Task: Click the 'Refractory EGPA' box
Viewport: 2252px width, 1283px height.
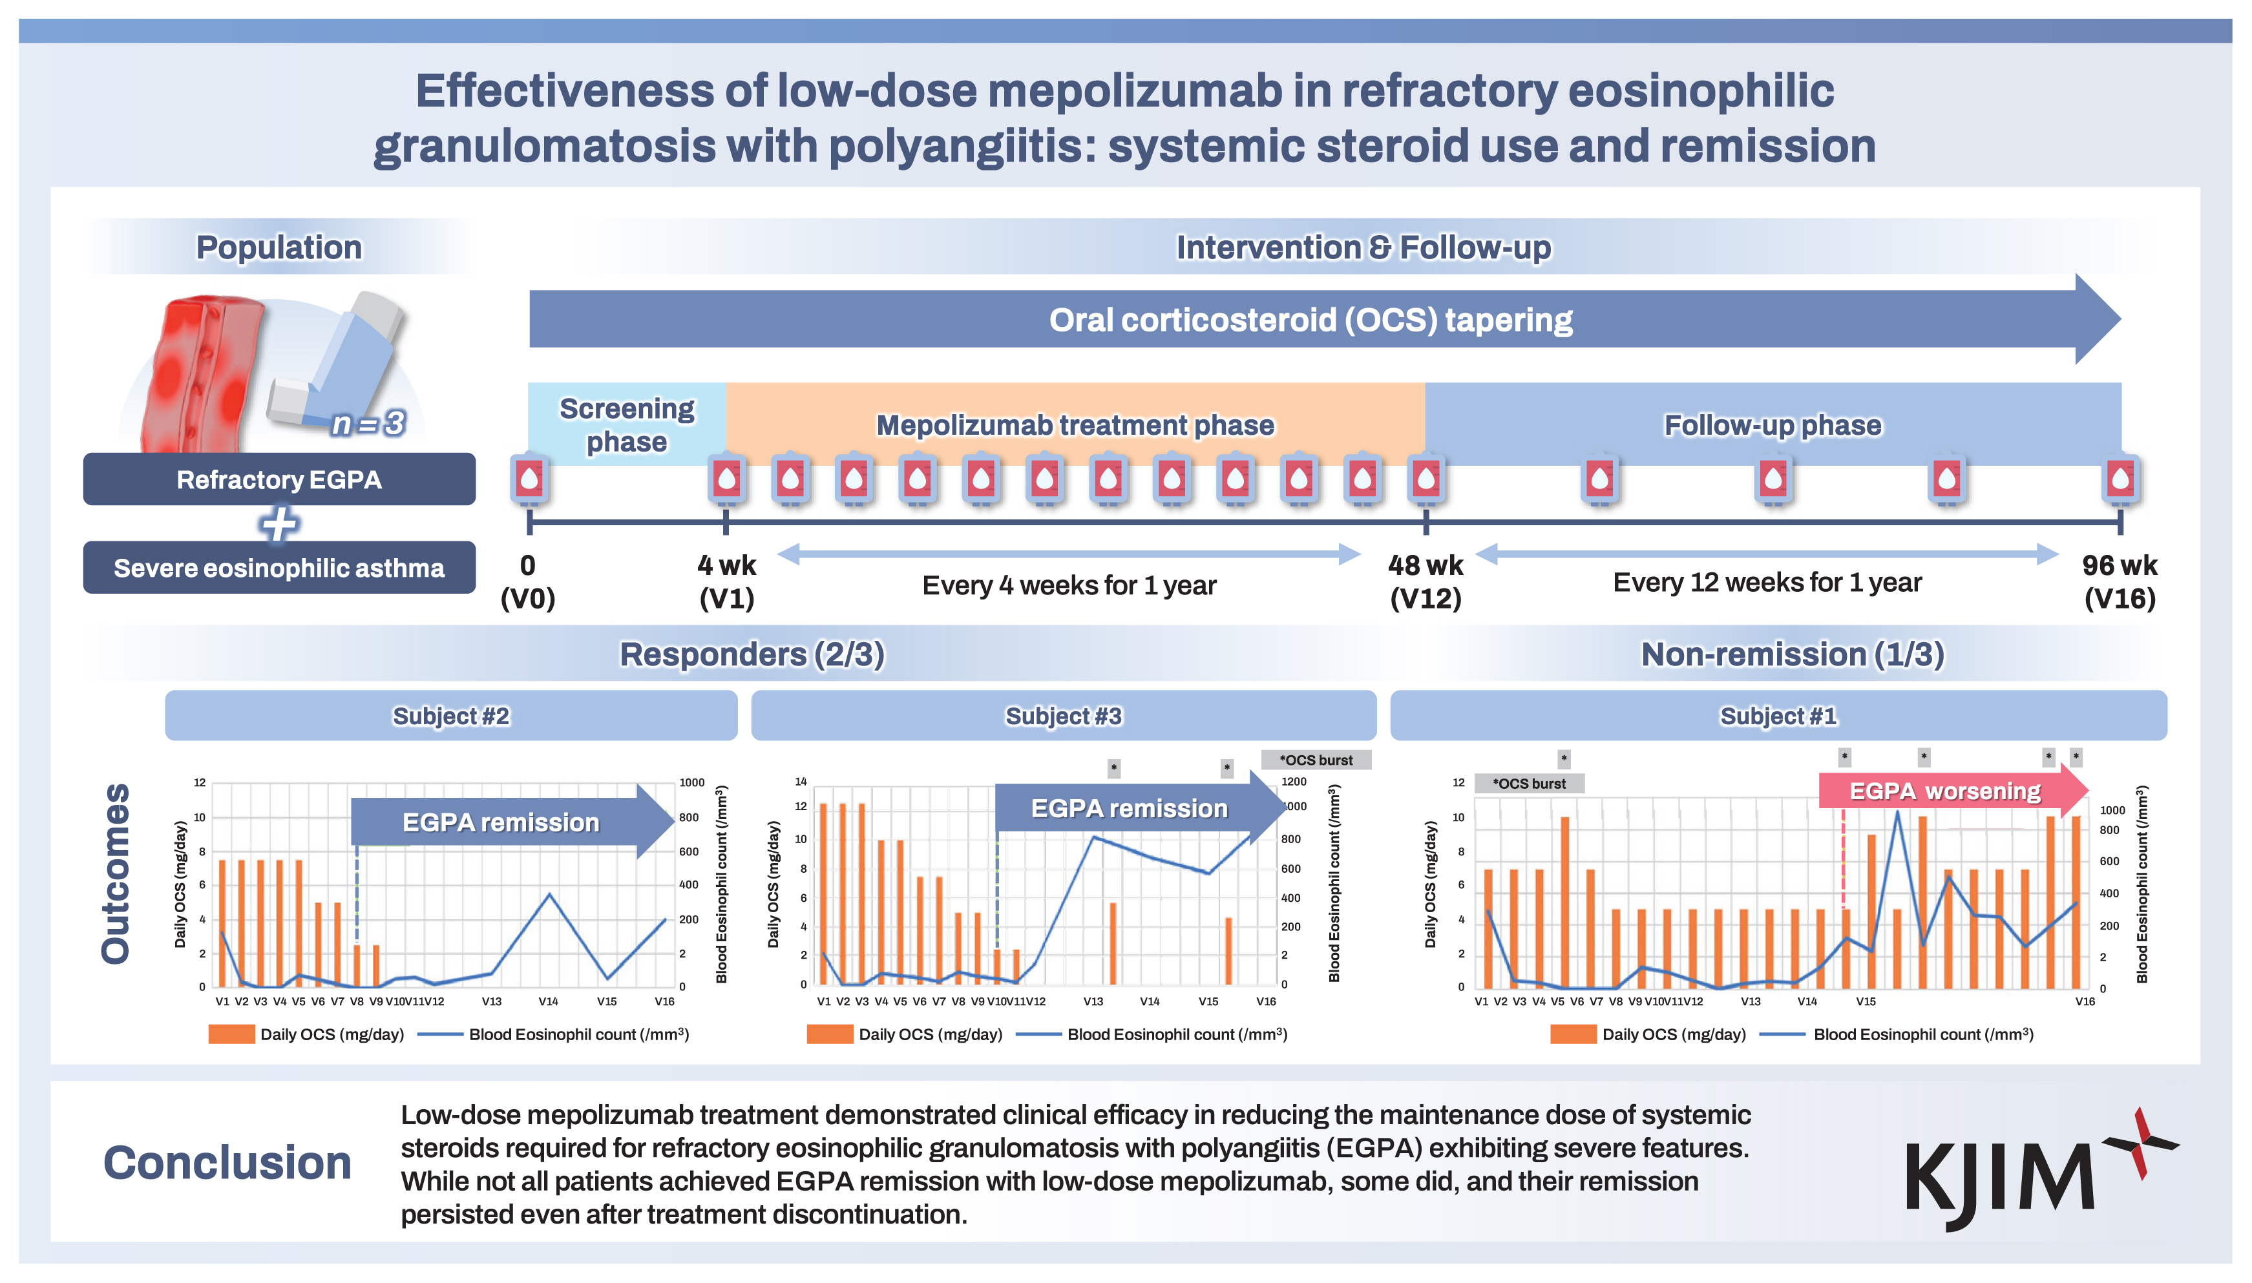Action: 279,479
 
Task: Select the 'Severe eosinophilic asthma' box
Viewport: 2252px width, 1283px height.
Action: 279,567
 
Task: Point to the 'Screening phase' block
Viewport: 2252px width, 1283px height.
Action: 627,424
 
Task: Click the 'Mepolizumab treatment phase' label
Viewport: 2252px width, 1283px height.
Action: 1075,424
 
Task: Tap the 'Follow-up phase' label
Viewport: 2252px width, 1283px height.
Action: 1772,424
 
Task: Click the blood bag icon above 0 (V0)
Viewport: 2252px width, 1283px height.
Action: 529,480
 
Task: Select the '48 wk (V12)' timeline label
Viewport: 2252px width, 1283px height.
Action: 1426,581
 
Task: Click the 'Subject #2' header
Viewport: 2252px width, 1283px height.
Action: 450,716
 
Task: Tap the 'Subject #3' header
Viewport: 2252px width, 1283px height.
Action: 1063,716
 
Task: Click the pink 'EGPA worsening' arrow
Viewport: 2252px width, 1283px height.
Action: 1944,791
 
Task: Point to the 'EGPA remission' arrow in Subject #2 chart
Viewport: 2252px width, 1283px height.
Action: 501,822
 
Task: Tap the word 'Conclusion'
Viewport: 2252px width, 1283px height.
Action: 227,1162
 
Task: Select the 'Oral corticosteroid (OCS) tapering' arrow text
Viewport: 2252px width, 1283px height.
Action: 1310,319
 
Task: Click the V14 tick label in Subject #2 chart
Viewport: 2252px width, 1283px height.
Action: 548,1001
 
